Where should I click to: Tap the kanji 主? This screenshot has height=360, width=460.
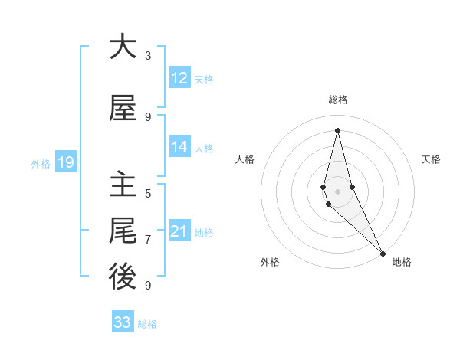click(123, 184)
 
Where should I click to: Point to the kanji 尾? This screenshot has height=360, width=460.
click(123, 230)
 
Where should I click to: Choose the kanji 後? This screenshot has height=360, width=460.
click(123, 277)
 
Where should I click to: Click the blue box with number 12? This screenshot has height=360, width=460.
click(179, 78)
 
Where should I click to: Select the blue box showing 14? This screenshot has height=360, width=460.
click(179, 147)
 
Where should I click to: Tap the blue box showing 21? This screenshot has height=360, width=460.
click(179, 231)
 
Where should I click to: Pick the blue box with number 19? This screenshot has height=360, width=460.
click(65, 162)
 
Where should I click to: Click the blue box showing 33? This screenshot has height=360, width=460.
click(123, 322)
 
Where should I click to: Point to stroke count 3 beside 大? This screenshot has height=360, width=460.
click(148, 56)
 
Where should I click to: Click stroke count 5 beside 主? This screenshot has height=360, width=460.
click(148, 194)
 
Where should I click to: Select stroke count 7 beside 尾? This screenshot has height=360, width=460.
click(148, 240)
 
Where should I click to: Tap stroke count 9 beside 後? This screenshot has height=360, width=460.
click(148, 286)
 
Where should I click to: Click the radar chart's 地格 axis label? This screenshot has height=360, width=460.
click(402, 263)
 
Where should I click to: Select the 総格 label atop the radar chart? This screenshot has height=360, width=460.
click(338, 100)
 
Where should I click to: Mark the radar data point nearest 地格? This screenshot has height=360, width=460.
click(383, 253)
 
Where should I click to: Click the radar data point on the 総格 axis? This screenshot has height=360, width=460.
click(337, 129)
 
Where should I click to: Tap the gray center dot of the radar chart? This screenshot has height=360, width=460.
click(337, 191)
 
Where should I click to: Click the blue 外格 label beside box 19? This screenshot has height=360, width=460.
click(40, 163)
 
